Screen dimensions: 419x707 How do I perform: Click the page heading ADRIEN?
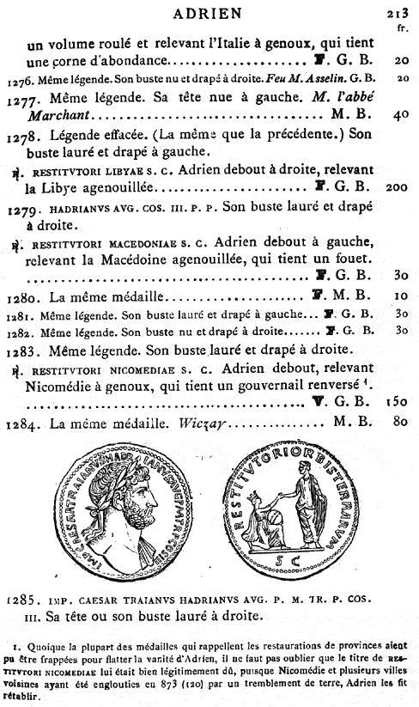pos(209,13)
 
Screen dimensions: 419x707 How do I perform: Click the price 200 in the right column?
pos(397,185)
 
